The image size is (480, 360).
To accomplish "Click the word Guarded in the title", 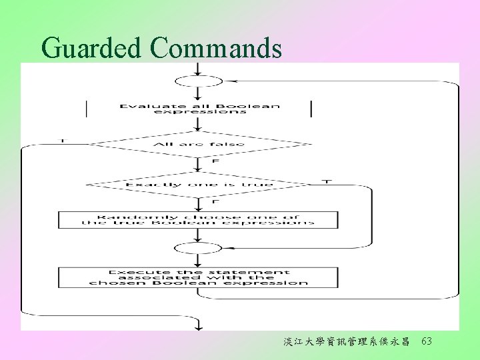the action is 91,48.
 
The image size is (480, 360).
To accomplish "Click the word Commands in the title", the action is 216,48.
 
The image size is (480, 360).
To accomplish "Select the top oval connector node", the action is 198,81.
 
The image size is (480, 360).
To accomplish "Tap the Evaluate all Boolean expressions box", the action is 199,109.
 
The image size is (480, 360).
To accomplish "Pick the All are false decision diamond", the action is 199,144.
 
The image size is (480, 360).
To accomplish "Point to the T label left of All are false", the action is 63,141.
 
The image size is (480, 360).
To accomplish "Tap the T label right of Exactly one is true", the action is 326,181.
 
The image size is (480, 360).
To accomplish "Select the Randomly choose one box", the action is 198,220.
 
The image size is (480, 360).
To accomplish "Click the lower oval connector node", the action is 198,248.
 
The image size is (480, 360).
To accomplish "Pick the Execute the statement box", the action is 198,277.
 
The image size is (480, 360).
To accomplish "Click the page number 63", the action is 427,341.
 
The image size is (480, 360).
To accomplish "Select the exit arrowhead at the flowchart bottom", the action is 197,325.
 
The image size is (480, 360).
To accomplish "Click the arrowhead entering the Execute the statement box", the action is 198,264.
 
